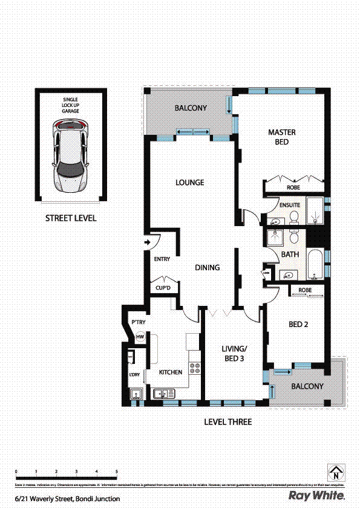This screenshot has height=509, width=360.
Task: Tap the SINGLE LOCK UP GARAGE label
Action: [x=70, y=105]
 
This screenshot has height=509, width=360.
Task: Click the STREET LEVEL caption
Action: [x=71, y=218]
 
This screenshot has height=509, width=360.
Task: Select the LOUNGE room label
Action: [x=189, y=183]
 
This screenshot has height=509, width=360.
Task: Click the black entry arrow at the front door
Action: [x=147, y=243]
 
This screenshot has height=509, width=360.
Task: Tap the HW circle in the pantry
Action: [x=140, y=337]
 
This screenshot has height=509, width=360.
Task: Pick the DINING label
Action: [x=207, y=268]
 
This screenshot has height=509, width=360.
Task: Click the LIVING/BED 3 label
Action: [x=234, y=354]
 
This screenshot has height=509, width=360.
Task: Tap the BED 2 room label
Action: [x=298, y=325]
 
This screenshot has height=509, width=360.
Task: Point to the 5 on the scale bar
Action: [x=116, y=471]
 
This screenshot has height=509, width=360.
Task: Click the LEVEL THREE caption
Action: [x=227, y=422]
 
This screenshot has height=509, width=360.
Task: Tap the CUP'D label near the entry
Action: [x=164, y=288]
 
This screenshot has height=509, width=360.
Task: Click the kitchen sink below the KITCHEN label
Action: [x=162, y=394]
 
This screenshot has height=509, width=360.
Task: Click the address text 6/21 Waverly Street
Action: [x=67, y=499]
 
